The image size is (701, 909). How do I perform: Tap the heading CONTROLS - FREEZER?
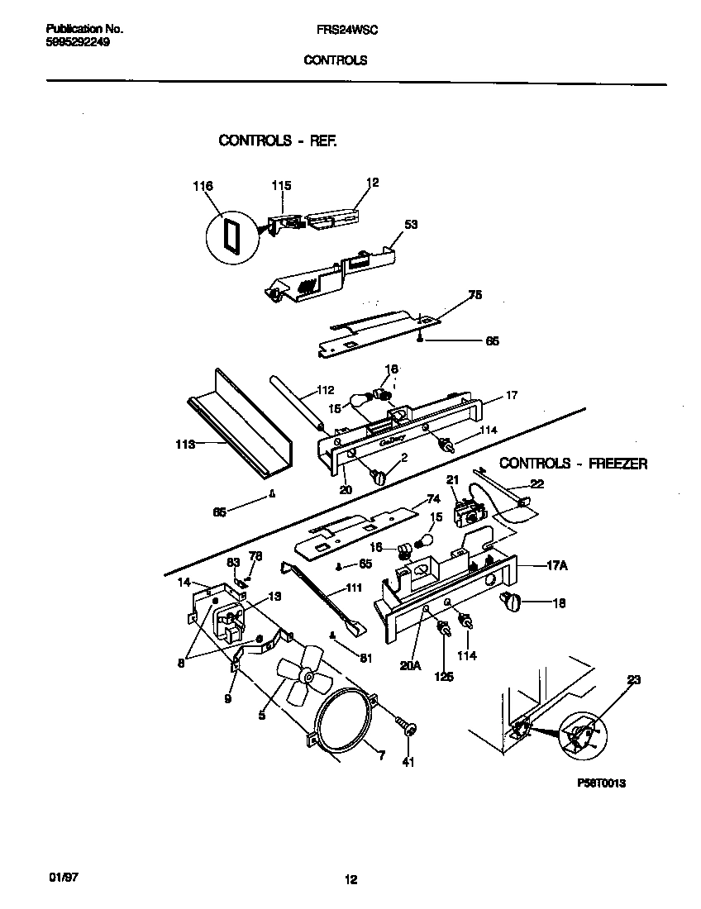click(x=573, y=464)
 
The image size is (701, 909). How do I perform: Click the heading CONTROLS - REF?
click(x=277, y=140)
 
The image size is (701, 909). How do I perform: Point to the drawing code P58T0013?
click(x=598, y=783)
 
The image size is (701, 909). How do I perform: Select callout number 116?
click(x=203, y=187)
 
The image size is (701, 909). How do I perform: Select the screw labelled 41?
click(x=408, y=726)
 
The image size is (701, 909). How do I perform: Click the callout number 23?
click(x=634, y=680)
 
